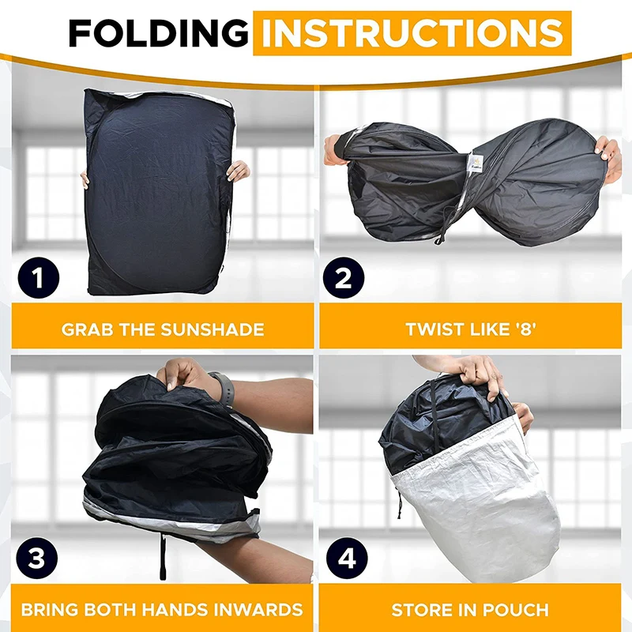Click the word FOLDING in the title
coord(159,33)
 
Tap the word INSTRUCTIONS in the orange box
coord(412,33)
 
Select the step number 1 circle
coord(38,278)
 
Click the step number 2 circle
coord(344,278)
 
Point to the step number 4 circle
coord(347,559)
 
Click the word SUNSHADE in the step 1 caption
coord(213,329)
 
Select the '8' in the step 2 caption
coord(525,329)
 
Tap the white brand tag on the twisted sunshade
coord(476,162)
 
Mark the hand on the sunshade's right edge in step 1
coord(238,171)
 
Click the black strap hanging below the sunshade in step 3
coord(163,557)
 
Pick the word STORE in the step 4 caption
coord(419,609)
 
